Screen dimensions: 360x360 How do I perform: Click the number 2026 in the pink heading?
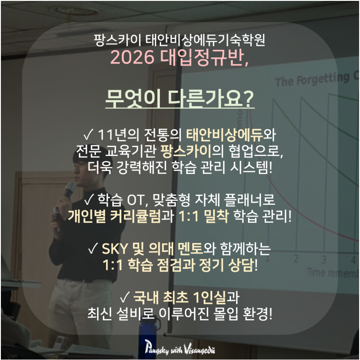tap(132, 57)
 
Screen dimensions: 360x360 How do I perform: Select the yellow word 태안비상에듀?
tap(224, 134)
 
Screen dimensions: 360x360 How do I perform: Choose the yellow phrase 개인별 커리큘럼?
tap(114, 217)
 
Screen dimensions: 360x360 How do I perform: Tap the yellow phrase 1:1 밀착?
tap(204, 217)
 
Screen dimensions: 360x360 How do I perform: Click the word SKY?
tap(115, 249)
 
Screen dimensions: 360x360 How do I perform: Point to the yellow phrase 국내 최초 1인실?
tap(180, 298)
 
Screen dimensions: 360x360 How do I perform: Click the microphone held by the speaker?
tap(69, 191)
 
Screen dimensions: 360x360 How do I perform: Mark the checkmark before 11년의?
tap(88, 134)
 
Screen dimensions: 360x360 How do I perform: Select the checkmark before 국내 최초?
tap(125, 298)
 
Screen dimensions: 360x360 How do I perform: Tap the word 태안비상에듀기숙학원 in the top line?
tap(206, 40)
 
